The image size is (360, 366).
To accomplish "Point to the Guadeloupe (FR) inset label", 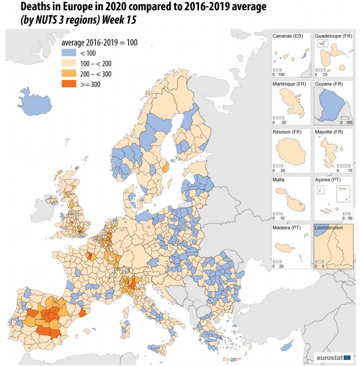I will click(333, 36).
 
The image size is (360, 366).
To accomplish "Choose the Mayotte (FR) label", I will click(329, 132).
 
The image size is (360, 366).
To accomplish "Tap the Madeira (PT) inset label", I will click(287, 227).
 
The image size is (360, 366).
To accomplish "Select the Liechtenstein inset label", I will click(329, 228).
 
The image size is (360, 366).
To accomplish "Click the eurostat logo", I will click(334, 358).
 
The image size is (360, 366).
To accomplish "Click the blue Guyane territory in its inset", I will click(331, 106).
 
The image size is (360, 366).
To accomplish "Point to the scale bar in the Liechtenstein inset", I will click(319, 262).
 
